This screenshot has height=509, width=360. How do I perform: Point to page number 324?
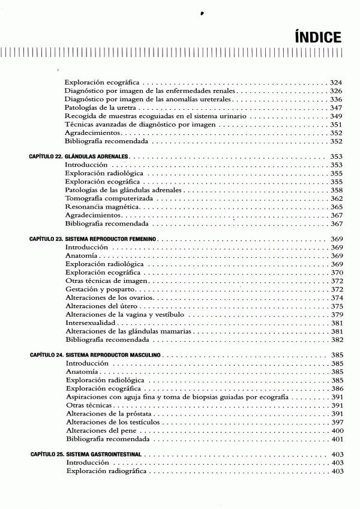click(x=336, y=82)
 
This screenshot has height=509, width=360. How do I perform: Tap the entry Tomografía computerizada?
click(x=108, y=198)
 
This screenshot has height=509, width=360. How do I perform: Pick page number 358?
click(x=336, y=189)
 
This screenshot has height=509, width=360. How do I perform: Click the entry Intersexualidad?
click(x=90, y=323)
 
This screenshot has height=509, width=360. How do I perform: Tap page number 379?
click(x=336, y=314)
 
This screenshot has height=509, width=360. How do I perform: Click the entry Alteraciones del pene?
click(x=98, y=430)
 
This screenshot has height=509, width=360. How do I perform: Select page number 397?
click(x=336, y=422)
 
